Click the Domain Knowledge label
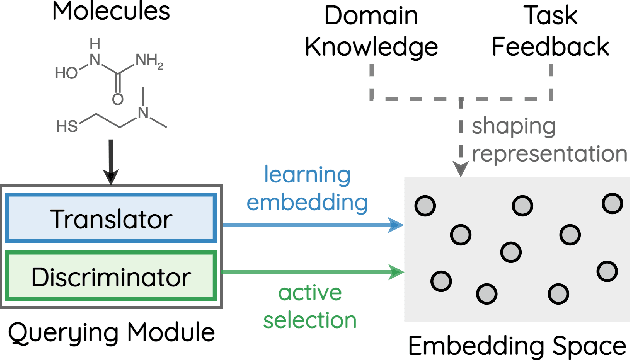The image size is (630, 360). pyautogui.click(x=371, y=31)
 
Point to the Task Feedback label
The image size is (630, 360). pyautogui.click(x=553, y=31)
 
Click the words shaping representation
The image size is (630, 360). pyautogui.click(x=548, y=140)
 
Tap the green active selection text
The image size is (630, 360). pyautogui.click(x=309, y=306)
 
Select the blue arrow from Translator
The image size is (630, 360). pyautogui.click(x=310, y=225)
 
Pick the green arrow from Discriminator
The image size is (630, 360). pyautogui.click(x=310, y=269)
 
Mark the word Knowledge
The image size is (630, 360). pyautogui.click(x=371, y=45)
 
